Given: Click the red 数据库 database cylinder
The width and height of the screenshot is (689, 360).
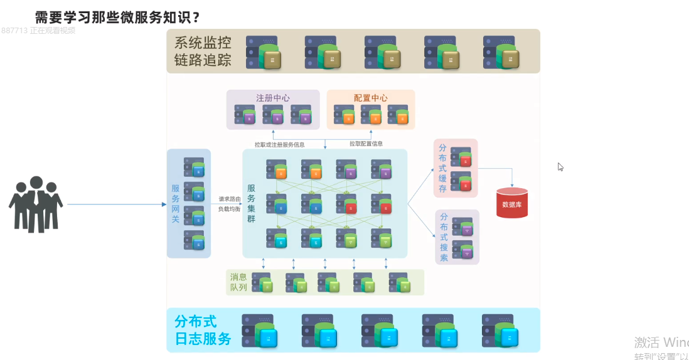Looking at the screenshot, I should [x=512, y=203].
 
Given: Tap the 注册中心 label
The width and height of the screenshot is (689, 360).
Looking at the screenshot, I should [x=273, y=98].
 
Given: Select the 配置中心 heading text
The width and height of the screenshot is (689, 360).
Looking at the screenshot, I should [x=370, y=98].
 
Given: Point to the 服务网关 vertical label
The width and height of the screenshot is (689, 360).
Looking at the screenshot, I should [x=176, y=203].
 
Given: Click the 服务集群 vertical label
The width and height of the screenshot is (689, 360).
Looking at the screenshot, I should [x=251, y=203].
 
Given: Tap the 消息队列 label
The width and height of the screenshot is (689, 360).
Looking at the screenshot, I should [x=238, y=282].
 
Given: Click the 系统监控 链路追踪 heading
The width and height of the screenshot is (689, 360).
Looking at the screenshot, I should [x=203, y=51].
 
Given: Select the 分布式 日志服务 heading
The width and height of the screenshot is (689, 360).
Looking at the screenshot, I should [x=203, y=331].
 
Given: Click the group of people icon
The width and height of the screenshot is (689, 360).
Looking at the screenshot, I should [x=36, y=204].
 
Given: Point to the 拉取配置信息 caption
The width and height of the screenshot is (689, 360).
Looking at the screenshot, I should [x=366, y=144].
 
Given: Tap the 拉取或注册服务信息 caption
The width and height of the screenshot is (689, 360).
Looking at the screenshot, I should [x=279, y=144].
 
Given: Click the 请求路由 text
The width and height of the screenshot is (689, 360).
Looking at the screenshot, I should [x=229, y=199].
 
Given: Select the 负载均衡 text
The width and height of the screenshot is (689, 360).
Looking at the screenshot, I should [x=229, y=209].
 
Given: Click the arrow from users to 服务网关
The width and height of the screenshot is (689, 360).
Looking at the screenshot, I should [x=116, y=204].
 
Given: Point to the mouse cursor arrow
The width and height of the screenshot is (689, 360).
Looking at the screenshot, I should [x=560, y=167].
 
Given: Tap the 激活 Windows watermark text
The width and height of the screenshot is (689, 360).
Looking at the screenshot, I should [x=661, y=342].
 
